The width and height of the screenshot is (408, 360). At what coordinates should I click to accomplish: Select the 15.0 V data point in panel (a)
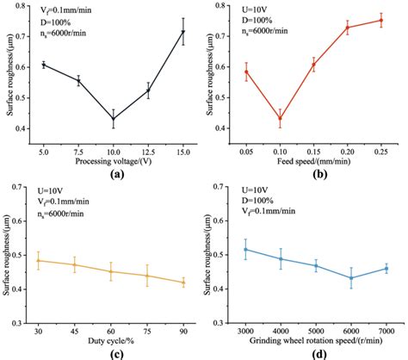point(182,32)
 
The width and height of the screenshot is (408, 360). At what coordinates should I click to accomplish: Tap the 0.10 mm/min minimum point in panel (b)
point(279,119)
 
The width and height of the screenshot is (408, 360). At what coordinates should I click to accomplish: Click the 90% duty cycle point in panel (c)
point(182,282)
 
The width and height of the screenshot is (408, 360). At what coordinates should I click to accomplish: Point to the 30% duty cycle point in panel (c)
point(38,260)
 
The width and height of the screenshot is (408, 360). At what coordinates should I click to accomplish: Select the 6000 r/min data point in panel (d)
point(350,277)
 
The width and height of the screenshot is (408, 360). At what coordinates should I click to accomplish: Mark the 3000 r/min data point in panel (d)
point(245,250)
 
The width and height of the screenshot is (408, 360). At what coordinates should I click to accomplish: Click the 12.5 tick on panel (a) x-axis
point(148,148)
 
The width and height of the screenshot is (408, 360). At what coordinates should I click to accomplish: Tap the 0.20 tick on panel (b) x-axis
point(347,148)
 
